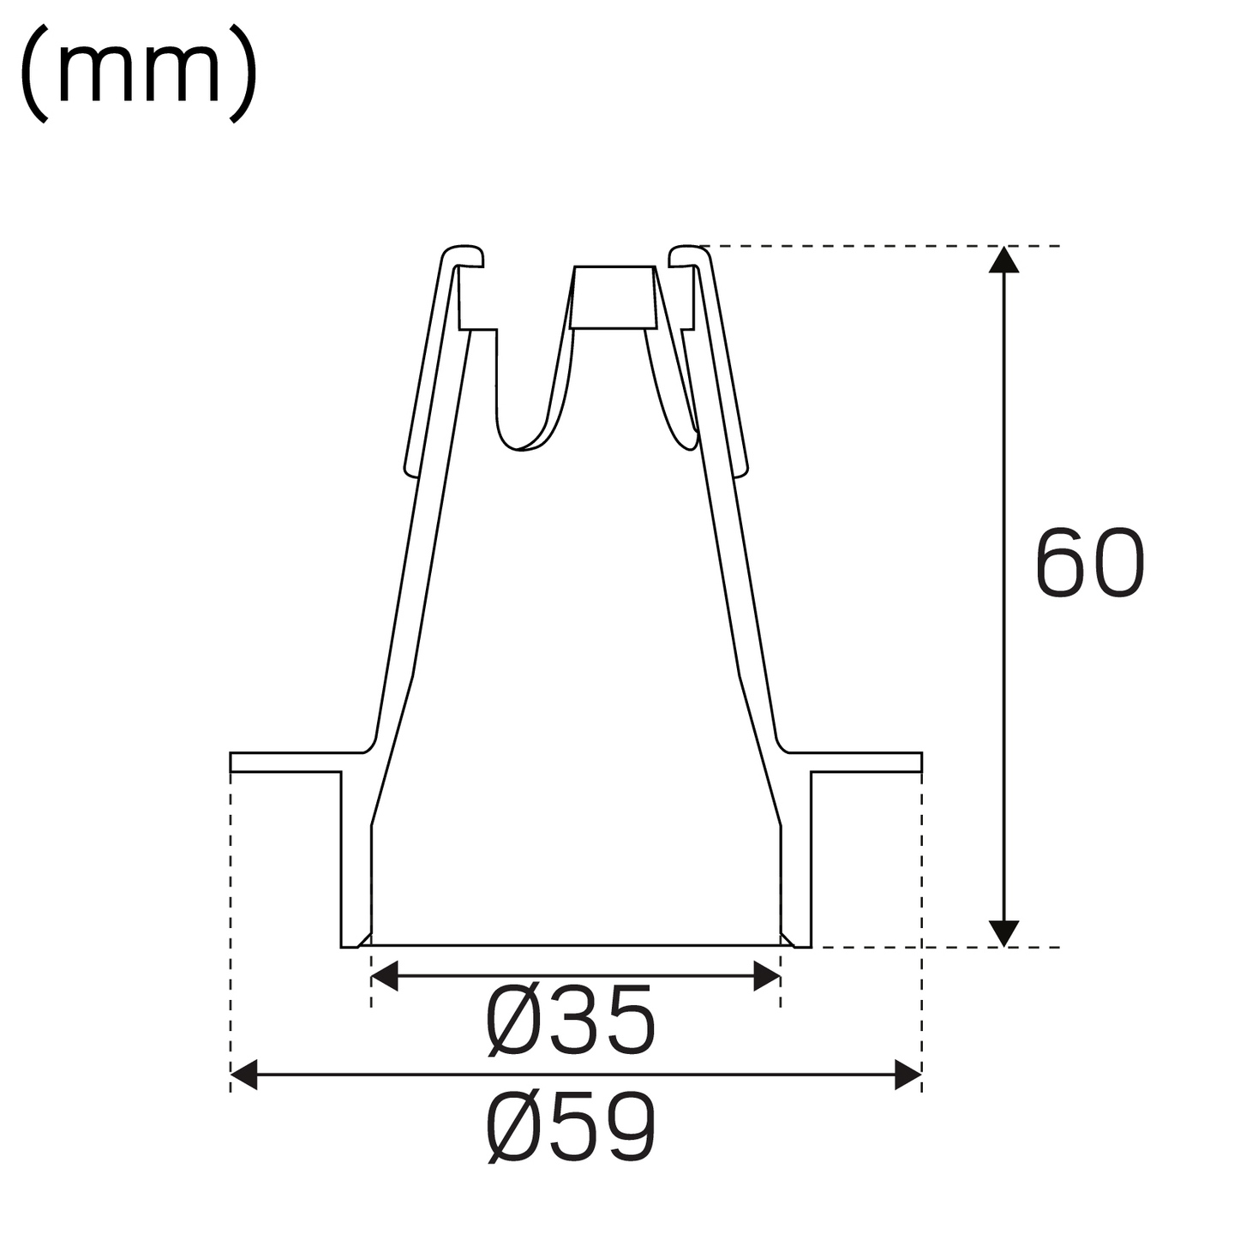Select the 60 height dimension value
(1089, 563)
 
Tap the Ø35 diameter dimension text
(571, 1021)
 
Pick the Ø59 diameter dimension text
(572, 1128)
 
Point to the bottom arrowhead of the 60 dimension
(1003, 934)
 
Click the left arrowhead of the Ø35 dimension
(384, 975)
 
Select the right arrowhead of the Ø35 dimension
(767, 975)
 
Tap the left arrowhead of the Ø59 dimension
(244, 1074)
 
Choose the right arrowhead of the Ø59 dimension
(908, 1074)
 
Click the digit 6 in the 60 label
(1062, 563)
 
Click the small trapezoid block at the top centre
(614, 297)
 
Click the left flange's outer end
(234, 762)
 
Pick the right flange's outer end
(918, 762)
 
